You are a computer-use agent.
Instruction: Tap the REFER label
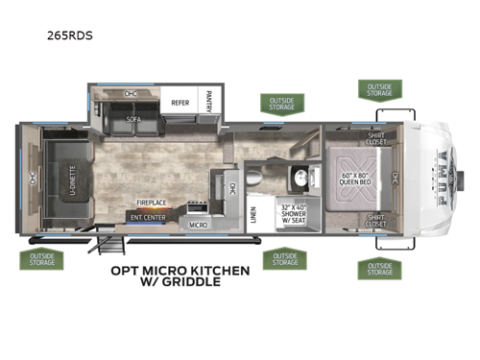[x=179, y=101]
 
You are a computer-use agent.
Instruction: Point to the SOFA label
[x=134, y=121]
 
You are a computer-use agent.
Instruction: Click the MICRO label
[x=198, y=225]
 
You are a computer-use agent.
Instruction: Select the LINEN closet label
[x=253, y=213]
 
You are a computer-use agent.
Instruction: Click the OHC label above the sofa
[x=131, y=94]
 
